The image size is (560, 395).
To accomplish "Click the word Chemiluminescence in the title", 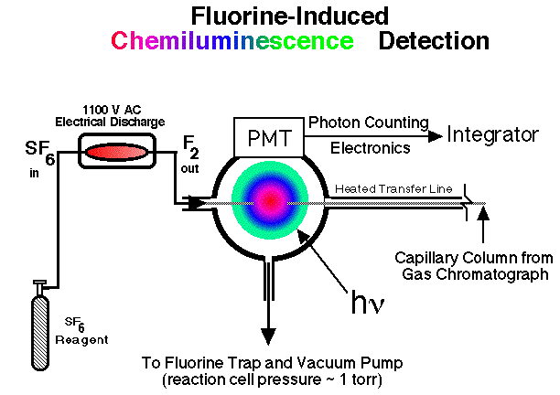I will [x=232, y=41].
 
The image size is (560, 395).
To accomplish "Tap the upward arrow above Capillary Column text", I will [x=485, y=219].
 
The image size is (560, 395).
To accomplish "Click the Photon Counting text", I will [x=356, y=122].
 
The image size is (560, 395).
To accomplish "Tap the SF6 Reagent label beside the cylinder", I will [x=85, y=330].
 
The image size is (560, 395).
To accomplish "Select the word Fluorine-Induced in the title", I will [x=289, y=16].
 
